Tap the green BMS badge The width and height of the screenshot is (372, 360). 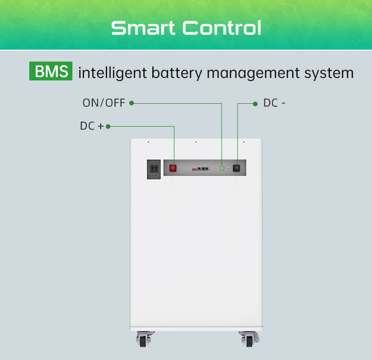point(51,72)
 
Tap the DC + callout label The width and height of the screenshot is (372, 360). point(92,126)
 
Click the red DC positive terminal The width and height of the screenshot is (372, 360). point(174,168)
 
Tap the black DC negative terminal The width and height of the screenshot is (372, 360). point(237,168)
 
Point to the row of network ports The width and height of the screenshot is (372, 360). point(202,169)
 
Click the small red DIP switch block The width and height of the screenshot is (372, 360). point(194,169)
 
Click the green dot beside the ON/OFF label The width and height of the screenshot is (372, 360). point(131,103)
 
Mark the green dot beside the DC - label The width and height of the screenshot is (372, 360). point(255,103)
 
